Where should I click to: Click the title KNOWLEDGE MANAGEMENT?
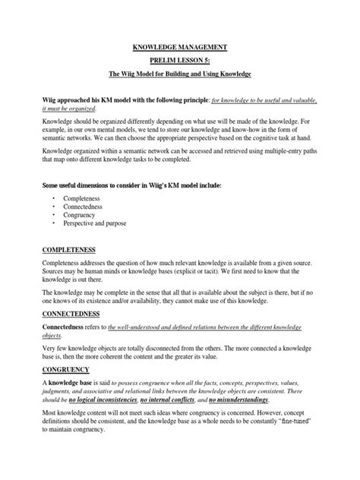(x=179, y=48)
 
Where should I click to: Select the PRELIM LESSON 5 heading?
(x=179, y=62)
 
